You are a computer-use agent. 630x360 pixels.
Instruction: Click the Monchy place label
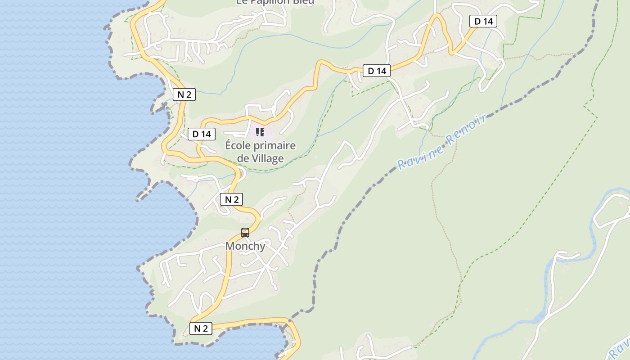tap(245, 246)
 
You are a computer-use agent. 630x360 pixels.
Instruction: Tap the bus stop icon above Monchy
tap(245, 232)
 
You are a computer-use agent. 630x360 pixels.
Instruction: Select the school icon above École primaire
tap(260, 132)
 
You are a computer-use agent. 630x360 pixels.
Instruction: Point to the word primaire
tap(277, 145)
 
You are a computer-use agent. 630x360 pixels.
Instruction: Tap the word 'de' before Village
tap(243, 158)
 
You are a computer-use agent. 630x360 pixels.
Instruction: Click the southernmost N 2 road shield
tap(201, 328)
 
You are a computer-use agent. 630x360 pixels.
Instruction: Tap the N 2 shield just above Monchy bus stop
tap(232, 199)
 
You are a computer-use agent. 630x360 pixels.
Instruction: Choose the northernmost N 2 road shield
tap(184, 94)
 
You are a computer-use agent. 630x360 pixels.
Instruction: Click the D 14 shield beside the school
tap(202, 134)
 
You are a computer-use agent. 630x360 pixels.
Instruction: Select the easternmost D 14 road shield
tap(483, 21)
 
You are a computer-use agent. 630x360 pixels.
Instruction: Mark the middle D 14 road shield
tap(377, 71)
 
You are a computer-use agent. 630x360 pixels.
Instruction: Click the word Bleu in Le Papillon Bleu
tap(304, 2)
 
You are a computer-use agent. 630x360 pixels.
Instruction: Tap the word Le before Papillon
tap(241, 2)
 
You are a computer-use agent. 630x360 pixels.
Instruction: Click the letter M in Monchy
tap(230, 246)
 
